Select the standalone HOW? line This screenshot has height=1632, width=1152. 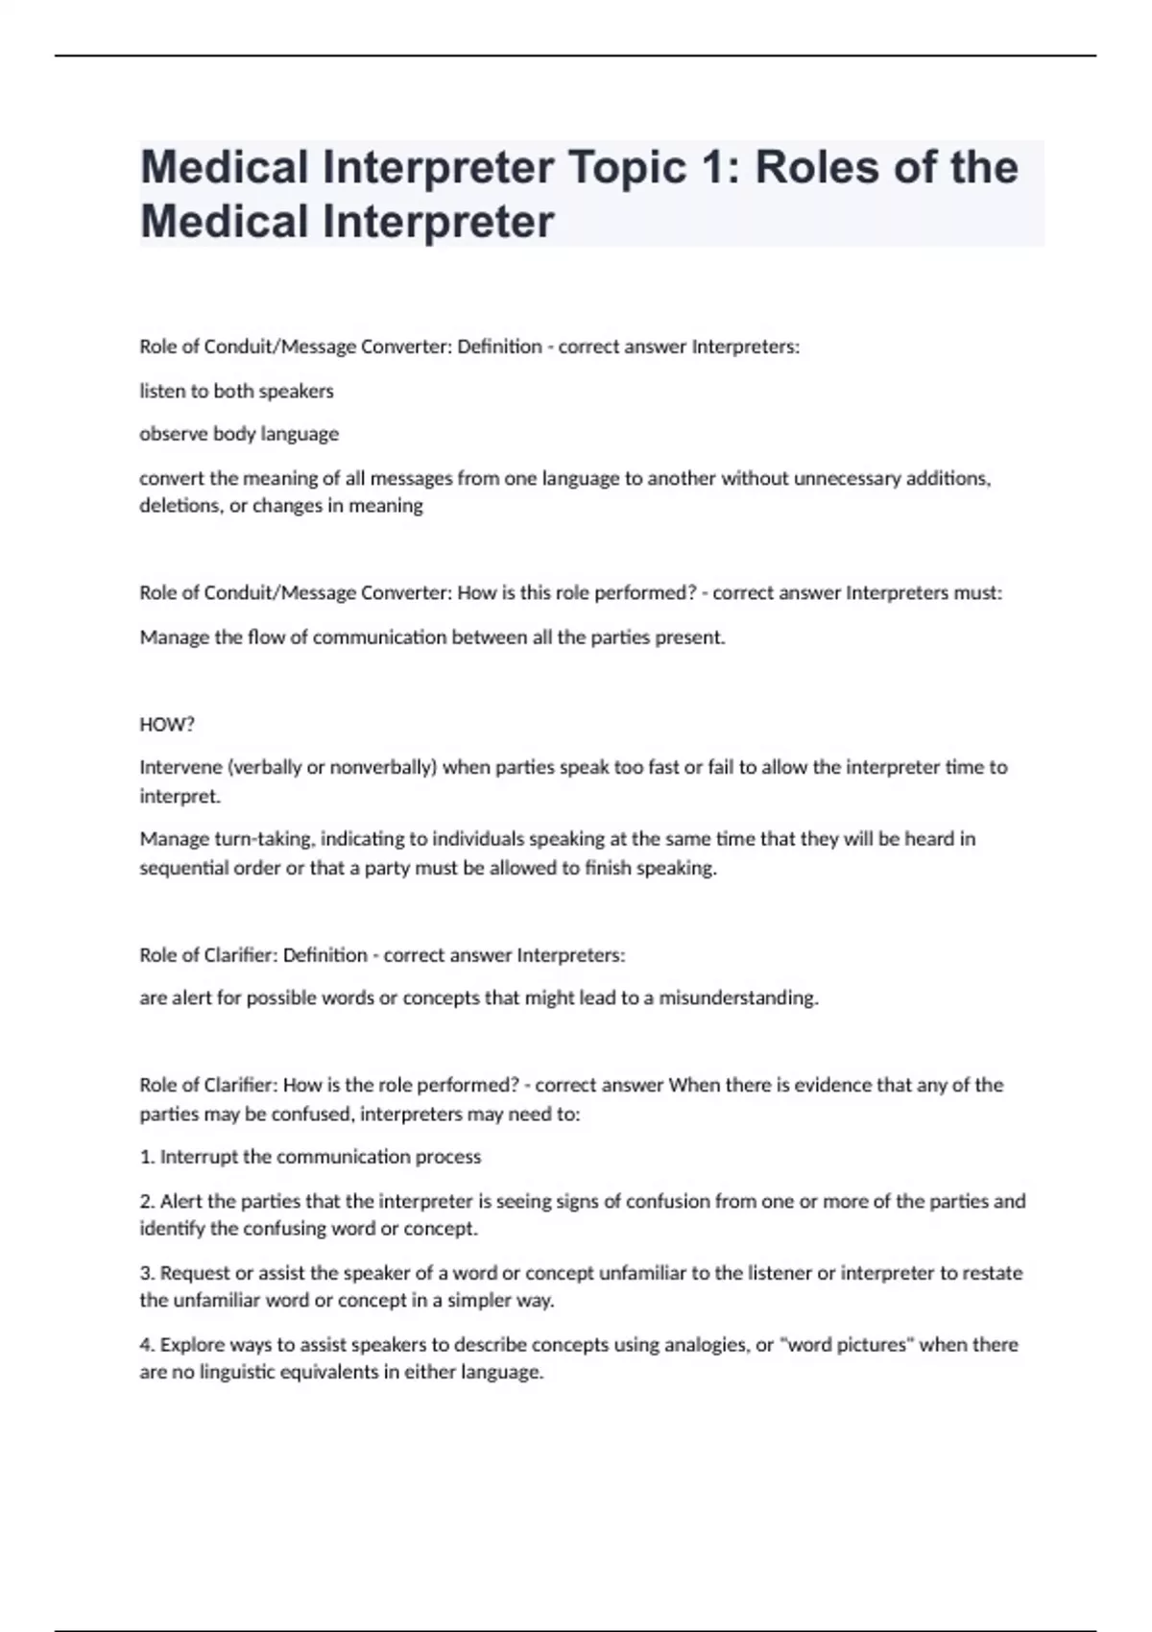[x=167, y=725]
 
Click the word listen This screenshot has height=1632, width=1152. [x=162, y=391]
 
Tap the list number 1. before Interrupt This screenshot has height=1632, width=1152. [x=147, y=1157]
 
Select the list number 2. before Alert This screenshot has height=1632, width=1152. [x=147, y=1201]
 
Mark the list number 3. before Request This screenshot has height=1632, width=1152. [x=147, y=1273]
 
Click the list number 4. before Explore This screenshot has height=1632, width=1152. [x=147, y=1345]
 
